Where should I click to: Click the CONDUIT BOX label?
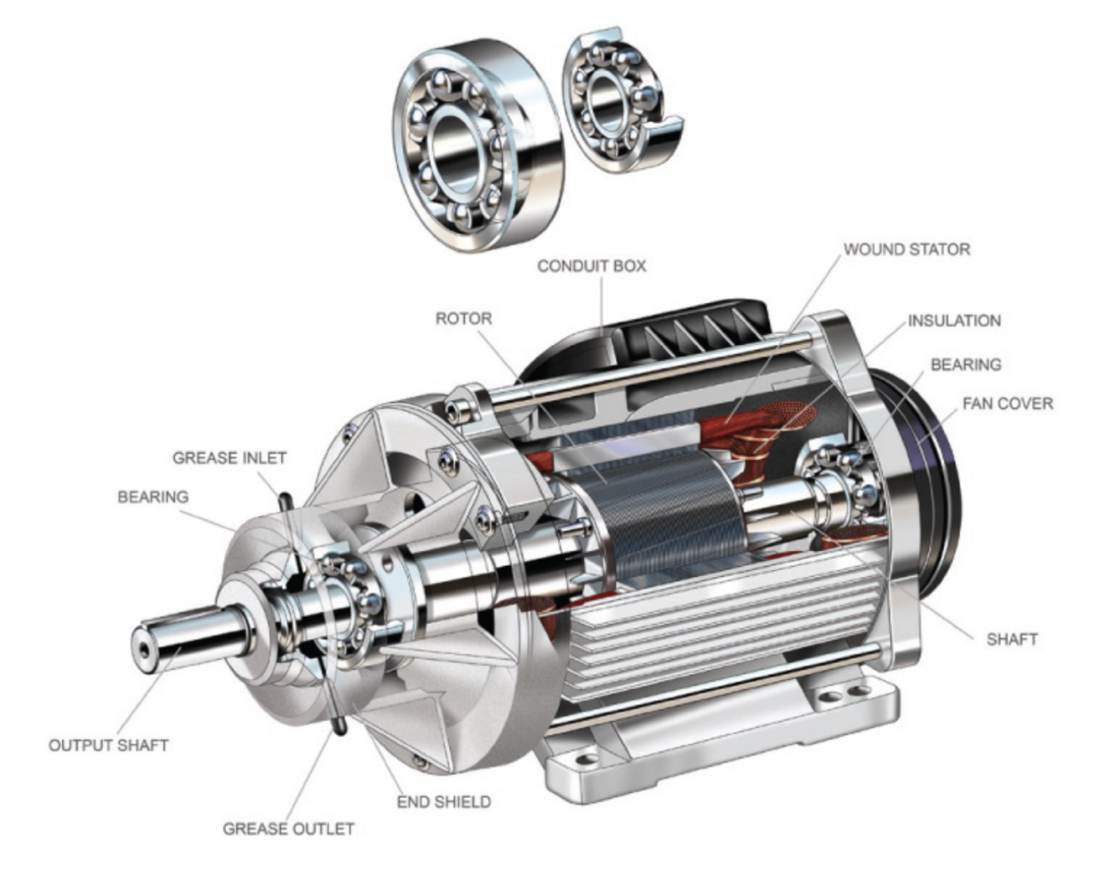click(591, 266)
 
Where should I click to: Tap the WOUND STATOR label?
click(906, 249)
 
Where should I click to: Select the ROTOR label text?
click(463, 318)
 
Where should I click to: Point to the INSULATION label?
click(954, 320)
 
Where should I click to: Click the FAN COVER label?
click(1007, 403)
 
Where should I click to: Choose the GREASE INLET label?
click(229, 457)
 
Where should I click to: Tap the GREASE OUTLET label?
click(288, 829)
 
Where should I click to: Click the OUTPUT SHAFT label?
click(108, 745)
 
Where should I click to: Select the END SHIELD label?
click(443, 801)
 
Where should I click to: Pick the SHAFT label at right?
click(1011, 639)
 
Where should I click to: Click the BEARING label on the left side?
click(152, 496)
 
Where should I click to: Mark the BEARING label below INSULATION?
click(964, 364)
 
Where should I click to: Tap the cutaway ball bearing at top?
click(619, 100)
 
